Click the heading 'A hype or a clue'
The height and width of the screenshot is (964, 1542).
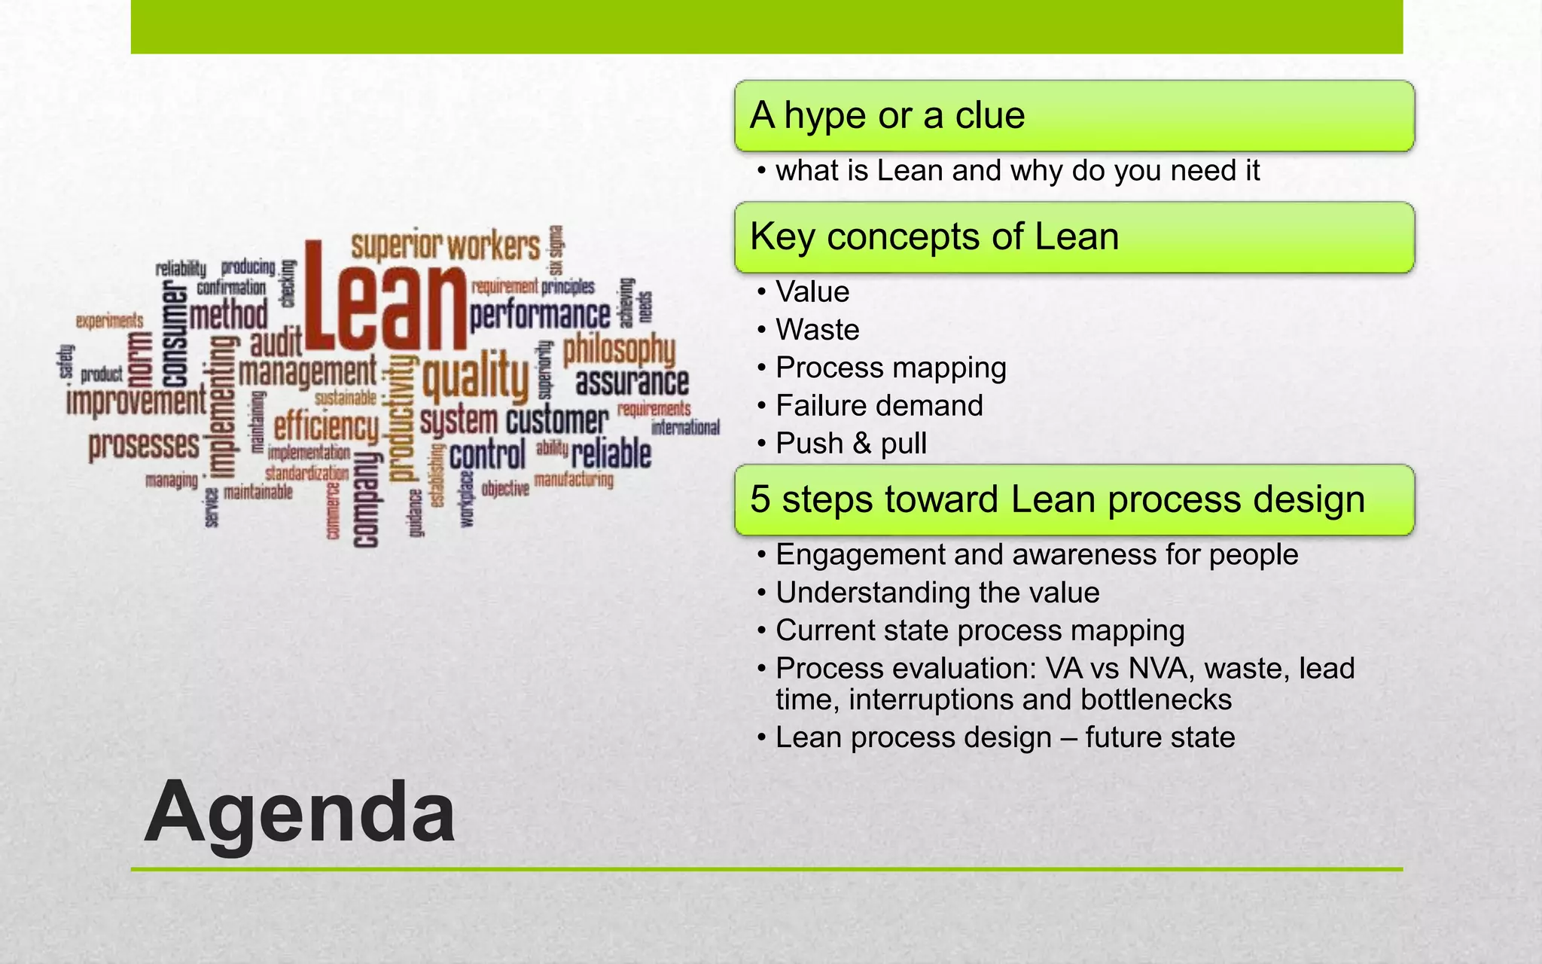[887, 116]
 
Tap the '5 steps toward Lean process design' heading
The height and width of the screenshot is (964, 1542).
[1057, 499]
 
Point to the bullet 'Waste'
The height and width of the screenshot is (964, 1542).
[817, 330]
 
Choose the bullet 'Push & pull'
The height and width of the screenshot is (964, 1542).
[851, 444]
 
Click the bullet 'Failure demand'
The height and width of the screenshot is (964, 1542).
[879, 406]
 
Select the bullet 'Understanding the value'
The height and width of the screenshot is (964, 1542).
[937, 593]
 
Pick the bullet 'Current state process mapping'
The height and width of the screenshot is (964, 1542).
[980, 630]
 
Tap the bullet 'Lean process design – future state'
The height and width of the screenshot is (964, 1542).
[1004, 737]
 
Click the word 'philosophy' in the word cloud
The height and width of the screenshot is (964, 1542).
[619, 349]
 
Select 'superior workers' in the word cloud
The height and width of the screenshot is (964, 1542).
[446, 247]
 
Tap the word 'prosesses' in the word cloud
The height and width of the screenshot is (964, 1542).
[144, 445]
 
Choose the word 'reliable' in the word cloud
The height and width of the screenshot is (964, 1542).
[611, 454]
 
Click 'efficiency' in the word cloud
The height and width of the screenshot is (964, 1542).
[326, 428]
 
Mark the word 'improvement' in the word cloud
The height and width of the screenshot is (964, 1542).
[136, 401]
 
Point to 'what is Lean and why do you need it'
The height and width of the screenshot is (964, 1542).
[1016, 171]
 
